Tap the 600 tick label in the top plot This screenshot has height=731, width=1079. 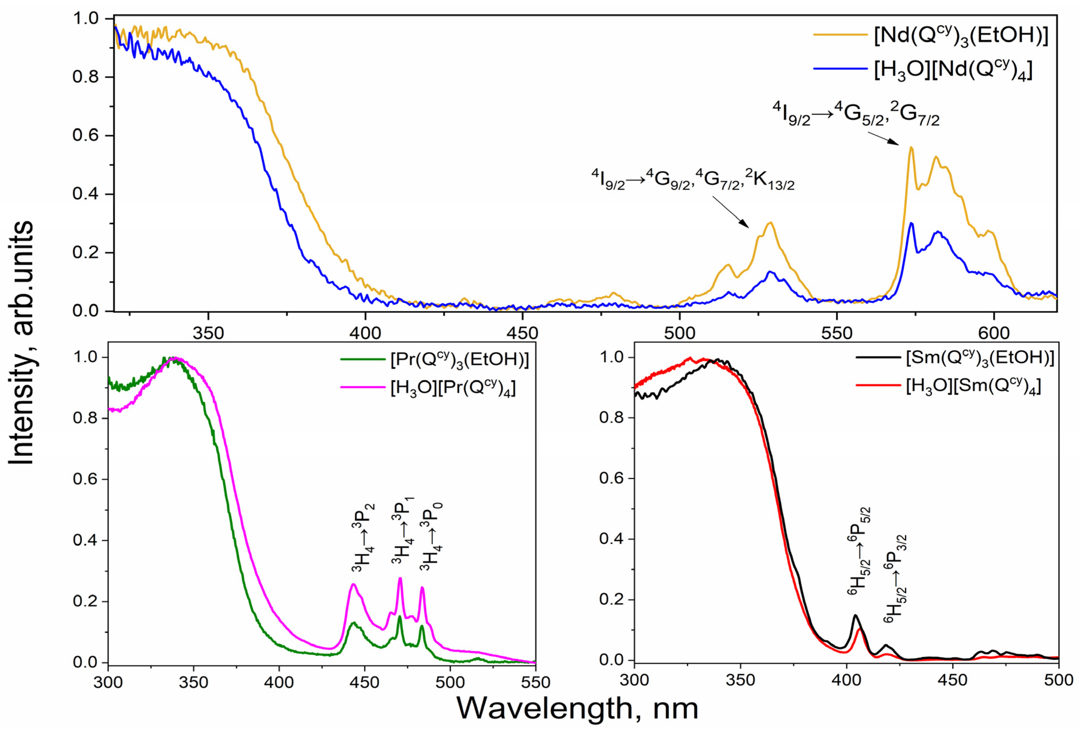994,333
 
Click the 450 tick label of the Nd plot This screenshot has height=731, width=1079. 522,333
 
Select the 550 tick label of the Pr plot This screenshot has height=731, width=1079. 535,682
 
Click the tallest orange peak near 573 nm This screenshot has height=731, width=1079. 911,148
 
